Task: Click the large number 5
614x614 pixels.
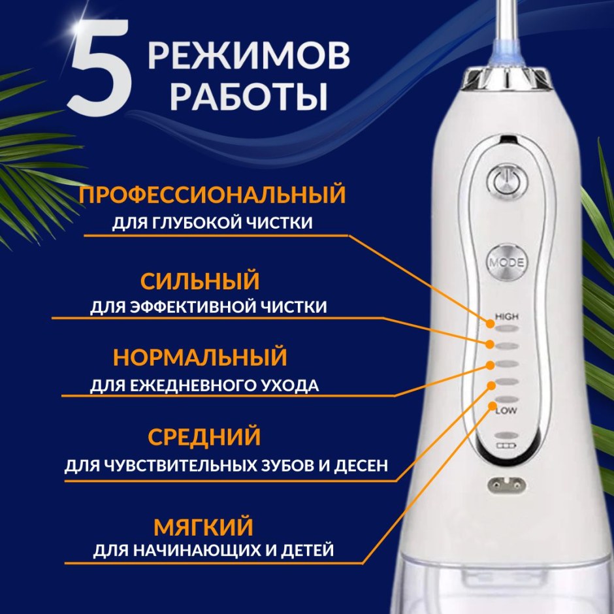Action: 100,67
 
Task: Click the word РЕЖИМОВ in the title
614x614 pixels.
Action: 249,56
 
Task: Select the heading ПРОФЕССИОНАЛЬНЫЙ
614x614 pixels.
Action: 212,195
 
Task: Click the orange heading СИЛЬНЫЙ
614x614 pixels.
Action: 200,281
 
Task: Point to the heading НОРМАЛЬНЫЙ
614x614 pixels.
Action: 200,357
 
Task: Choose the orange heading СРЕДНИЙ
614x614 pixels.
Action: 204,436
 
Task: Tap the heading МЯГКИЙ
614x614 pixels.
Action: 203,526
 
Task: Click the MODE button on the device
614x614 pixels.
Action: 506,263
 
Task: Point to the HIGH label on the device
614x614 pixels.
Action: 507,316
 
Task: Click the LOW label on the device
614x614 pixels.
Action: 506,410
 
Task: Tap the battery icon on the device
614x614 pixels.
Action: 506,445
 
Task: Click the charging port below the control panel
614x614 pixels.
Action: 506,485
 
